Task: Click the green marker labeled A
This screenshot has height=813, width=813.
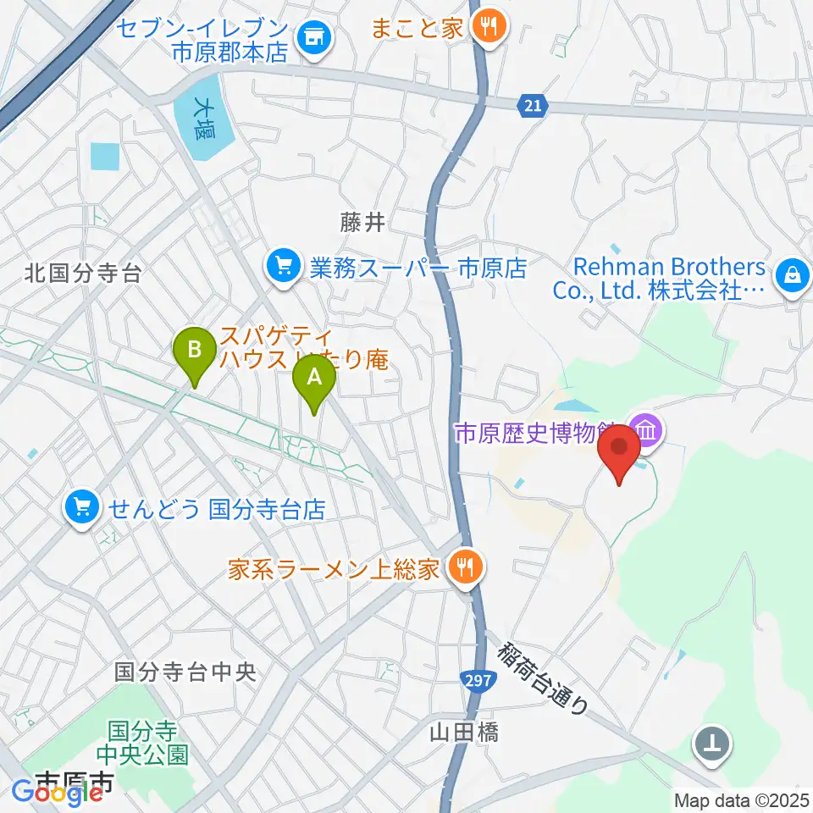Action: pyautogui.click(x=314, y=379)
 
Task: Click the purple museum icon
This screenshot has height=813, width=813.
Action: pyautogui.click(x=647, y=431)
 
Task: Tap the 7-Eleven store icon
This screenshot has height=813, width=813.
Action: pyautogui.click(x=314, y=37)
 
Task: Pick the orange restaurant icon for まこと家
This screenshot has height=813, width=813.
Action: pyautogui.click(x=488, y=27)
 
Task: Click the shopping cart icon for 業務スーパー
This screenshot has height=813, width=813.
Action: pyautogui.click(x=282, y=268)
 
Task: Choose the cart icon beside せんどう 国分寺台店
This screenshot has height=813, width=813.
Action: pyautogui.click(x=81, y=508)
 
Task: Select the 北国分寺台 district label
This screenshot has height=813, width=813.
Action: pyautogui.click(x=82, y=273)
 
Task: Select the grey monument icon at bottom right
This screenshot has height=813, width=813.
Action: pyautogui.click(x=713, y=744)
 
